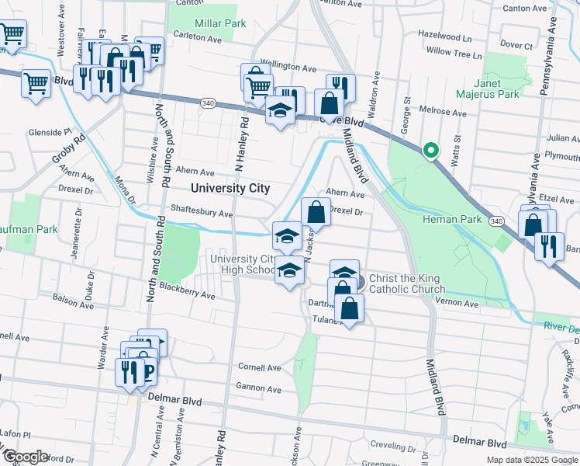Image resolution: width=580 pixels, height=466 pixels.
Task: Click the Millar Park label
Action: point(221,23)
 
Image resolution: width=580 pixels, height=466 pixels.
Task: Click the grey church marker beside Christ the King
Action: point(360,279)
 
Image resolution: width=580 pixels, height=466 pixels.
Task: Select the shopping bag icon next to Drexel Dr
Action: point(316,210)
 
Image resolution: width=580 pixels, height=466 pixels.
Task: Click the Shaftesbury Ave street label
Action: point(202,214)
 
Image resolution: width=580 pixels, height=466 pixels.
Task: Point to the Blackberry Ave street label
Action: point(187,295)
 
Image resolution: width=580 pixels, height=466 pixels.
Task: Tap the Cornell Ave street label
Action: point(259,367)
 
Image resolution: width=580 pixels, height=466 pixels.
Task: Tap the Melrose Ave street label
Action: point(443,113)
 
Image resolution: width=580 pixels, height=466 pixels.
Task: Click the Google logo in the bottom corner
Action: point(26,457)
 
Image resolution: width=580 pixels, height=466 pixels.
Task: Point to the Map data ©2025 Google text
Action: point(532,460)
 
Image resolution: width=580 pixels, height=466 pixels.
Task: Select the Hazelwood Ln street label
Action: point(444,37)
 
